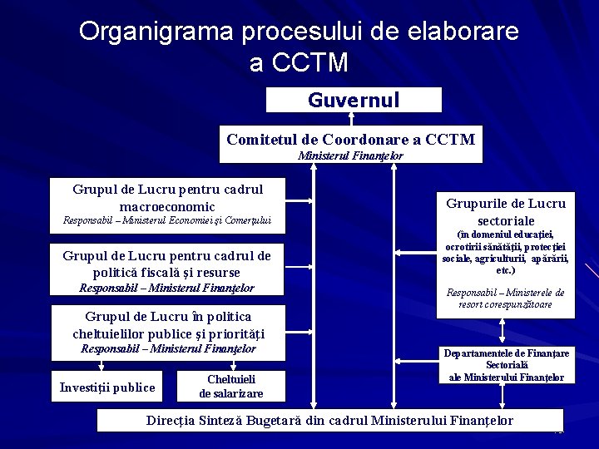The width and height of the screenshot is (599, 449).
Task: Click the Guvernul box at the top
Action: coord(354,100)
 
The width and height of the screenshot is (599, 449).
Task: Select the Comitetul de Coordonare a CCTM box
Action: coord(350,139)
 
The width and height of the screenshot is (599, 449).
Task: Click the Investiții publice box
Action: coord(107,387)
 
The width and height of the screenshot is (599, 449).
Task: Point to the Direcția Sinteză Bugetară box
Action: coord(329,421)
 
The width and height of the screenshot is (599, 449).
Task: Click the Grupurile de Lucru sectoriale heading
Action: coord(505,212)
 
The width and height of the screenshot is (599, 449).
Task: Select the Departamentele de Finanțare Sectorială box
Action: coord(506,365)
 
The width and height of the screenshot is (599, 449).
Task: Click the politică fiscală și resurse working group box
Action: coord(166,264)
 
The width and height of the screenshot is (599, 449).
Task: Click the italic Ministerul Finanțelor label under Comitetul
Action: coord(350,156)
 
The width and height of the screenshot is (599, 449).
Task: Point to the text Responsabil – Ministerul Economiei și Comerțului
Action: coord(167,221)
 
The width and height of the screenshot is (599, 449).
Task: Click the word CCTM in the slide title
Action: coord(309,62)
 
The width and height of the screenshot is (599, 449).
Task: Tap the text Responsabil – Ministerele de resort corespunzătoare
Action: coord(505,299)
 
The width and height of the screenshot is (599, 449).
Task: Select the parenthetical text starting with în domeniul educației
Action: coord(505,252)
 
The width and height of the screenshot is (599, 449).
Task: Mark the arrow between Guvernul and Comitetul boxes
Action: coord(351,119)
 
